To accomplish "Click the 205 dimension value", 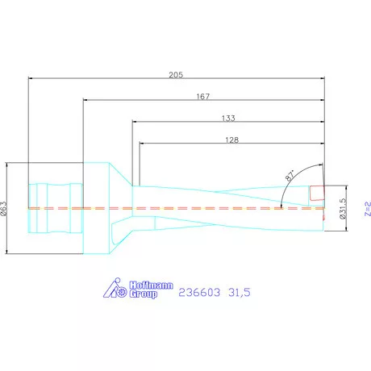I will pos(177,74).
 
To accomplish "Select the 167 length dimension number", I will pos(202,97).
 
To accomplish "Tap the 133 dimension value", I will pos(228,119).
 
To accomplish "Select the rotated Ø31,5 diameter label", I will pos(343,209).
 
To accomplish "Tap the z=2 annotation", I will pos(365,211).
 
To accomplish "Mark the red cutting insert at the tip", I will pos(319,193).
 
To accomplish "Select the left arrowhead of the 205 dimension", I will pos(31,79).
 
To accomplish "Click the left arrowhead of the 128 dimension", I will pos(144,144).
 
